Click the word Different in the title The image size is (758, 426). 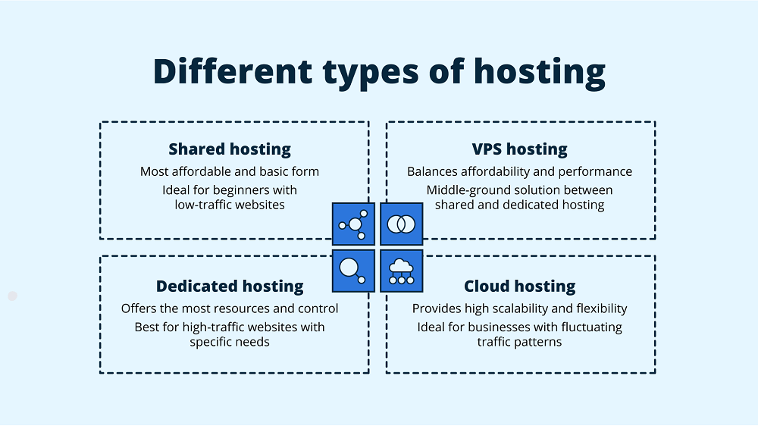tap(232, 72)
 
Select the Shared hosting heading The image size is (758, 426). tap(230, 149)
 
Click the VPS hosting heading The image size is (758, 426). tap(519, 149)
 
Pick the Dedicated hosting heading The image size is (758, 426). tap(230, 287)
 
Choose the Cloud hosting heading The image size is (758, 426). tap(519, 287)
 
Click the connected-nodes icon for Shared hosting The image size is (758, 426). tap(354, 224)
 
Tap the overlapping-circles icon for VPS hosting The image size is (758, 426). tap(401, 224)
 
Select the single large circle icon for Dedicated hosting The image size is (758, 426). tap(354, 271)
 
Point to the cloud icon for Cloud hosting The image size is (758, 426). tap(401, 271)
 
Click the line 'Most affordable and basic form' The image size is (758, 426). tap(230, 171)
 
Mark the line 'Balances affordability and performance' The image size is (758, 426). tap(519, 171)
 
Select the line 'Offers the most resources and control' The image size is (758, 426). tap(230, 309)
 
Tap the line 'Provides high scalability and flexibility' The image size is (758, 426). tap(519, 309)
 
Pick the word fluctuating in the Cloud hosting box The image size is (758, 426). tap(586, 327)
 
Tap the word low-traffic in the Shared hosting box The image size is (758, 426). tap(202, 205)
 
